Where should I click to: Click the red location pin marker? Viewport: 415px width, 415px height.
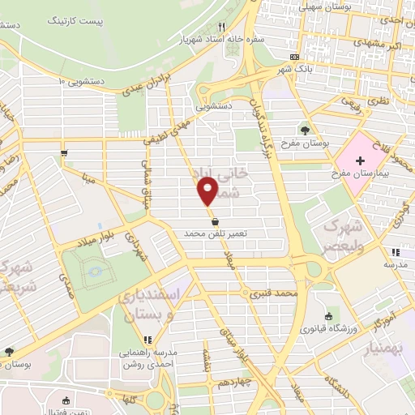pyautogui.click(x=208, y=191)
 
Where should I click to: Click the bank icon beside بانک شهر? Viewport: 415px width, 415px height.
pyautogui.click(x=294, y=57)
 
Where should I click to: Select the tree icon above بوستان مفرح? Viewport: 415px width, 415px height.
pyautogui.click(x=306, y=129)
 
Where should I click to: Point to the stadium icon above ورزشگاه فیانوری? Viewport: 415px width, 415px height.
pyautogui.click(x=327, y=317)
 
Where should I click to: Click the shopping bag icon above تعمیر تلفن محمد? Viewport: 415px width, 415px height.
pyautogui.click(x=215, y=220)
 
